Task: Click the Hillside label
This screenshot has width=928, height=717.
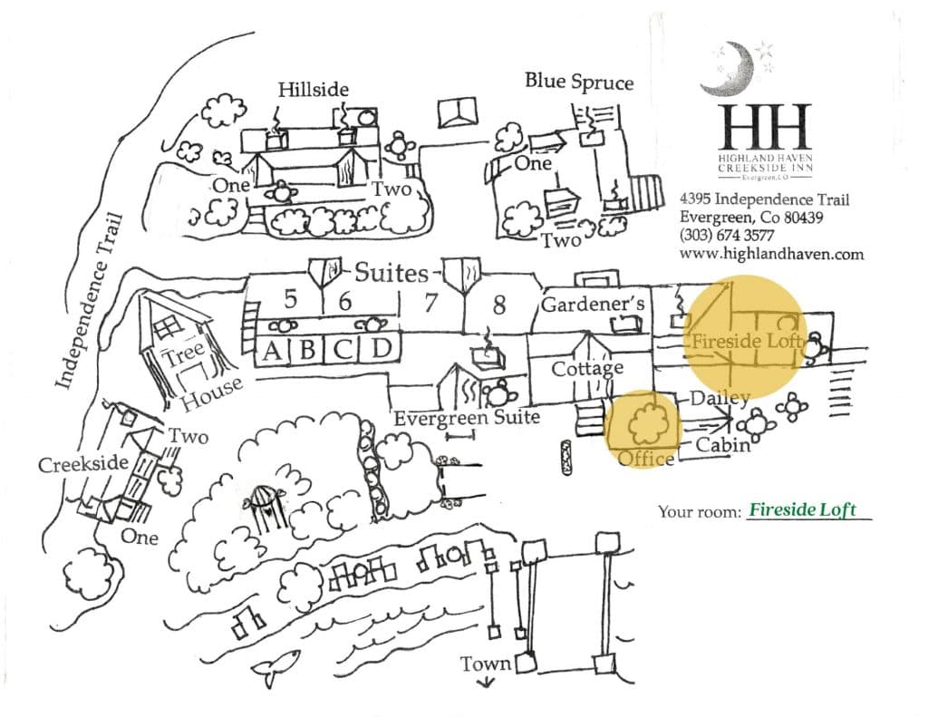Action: coord(313,89)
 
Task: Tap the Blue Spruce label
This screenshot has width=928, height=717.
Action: coord(578,81)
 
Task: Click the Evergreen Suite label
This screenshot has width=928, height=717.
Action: coord(467,418)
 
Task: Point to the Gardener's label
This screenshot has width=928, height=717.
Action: coord(593,305)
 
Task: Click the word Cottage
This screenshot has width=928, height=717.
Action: coord(587,369)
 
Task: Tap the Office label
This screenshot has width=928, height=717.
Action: coord(645,459)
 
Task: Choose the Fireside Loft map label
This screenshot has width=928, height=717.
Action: coord(746,343)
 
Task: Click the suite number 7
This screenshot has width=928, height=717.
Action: coord(430,302)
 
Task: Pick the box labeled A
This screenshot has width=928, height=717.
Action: coord(270,349)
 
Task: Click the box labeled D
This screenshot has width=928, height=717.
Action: coord(382,349)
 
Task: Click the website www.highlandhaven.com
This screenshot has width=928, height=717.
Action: coord(770,255)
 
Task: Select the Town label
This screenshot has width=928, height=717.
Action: coord(485,664)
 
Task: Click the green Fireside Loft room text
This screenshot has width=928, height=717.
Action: coord(803,509)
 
